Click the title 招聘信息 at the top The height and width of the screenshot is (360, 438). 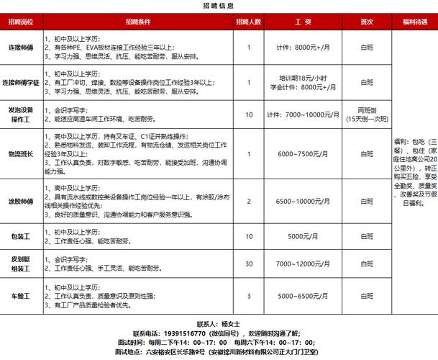(x=219, y=5)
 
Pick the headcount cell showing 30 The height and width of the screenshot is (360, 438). (x=248, y=264)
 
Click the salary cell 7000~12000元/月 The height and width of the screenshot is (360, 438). (x=302, y=264)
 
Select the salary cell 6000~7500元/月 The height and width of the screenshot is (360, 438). (x=302, y=153)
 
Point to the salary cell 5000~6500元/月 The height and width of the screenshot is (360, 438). (x=302, y=295)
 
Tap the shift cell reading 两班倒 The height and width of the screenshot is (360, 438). (x=367, y=110)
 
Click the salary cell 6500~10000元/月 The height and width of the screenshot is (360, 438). (x=302, y=202)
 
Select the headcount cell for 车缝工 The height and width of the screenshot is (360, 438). (x=248, y=295)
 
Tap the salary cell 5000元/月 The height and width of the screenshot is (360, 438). (x=302, y=235)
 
